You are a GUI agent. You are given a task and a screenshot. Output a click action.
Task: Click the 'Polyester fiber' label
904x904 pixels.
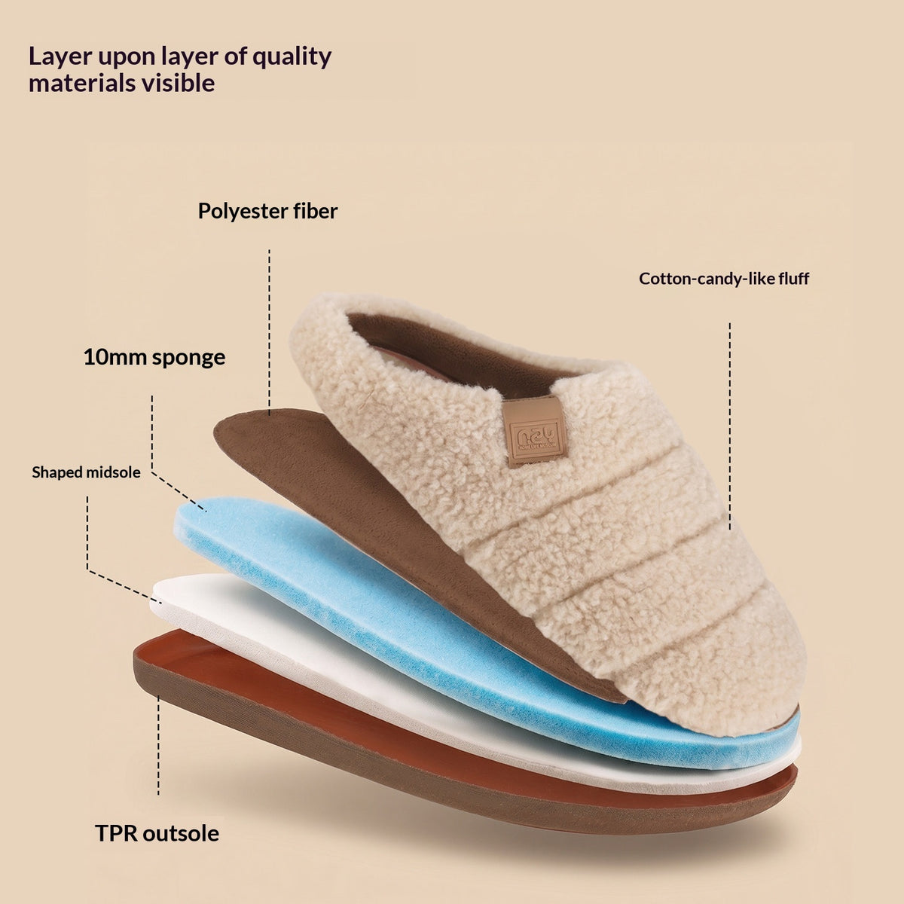click(x=267, y=211)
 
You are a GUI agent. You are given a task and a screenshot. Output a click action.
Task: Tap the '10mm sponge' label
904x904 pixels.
click(x=154, y=358)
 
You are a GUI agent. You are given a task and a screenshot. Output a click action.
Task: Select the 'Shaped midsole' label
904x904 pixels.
click(x=87, y=472)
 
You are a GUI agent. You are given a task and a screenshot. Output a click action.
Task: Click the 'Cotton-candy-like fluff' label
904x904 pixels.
click(x=724, y=279)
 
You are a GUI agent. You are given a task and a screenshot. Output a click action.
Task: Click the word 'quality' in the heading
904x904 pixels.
click(x=292, y=57)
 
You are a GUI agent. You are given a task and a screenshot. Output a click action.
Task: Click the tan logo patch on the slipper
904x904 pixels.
click(x=535, y=432)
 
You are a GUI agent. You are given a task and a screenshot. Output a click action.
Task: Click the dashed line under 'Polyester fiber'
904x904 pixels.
click(x=269, y=333)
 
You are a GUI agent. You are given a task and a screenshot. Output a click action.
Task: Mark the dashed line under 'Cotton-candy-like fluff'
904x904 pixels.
click(x=729, y=426)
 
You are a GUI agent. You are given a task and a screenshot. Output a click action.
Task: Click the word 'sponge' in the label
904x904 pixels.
click(x=188, y=359)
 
